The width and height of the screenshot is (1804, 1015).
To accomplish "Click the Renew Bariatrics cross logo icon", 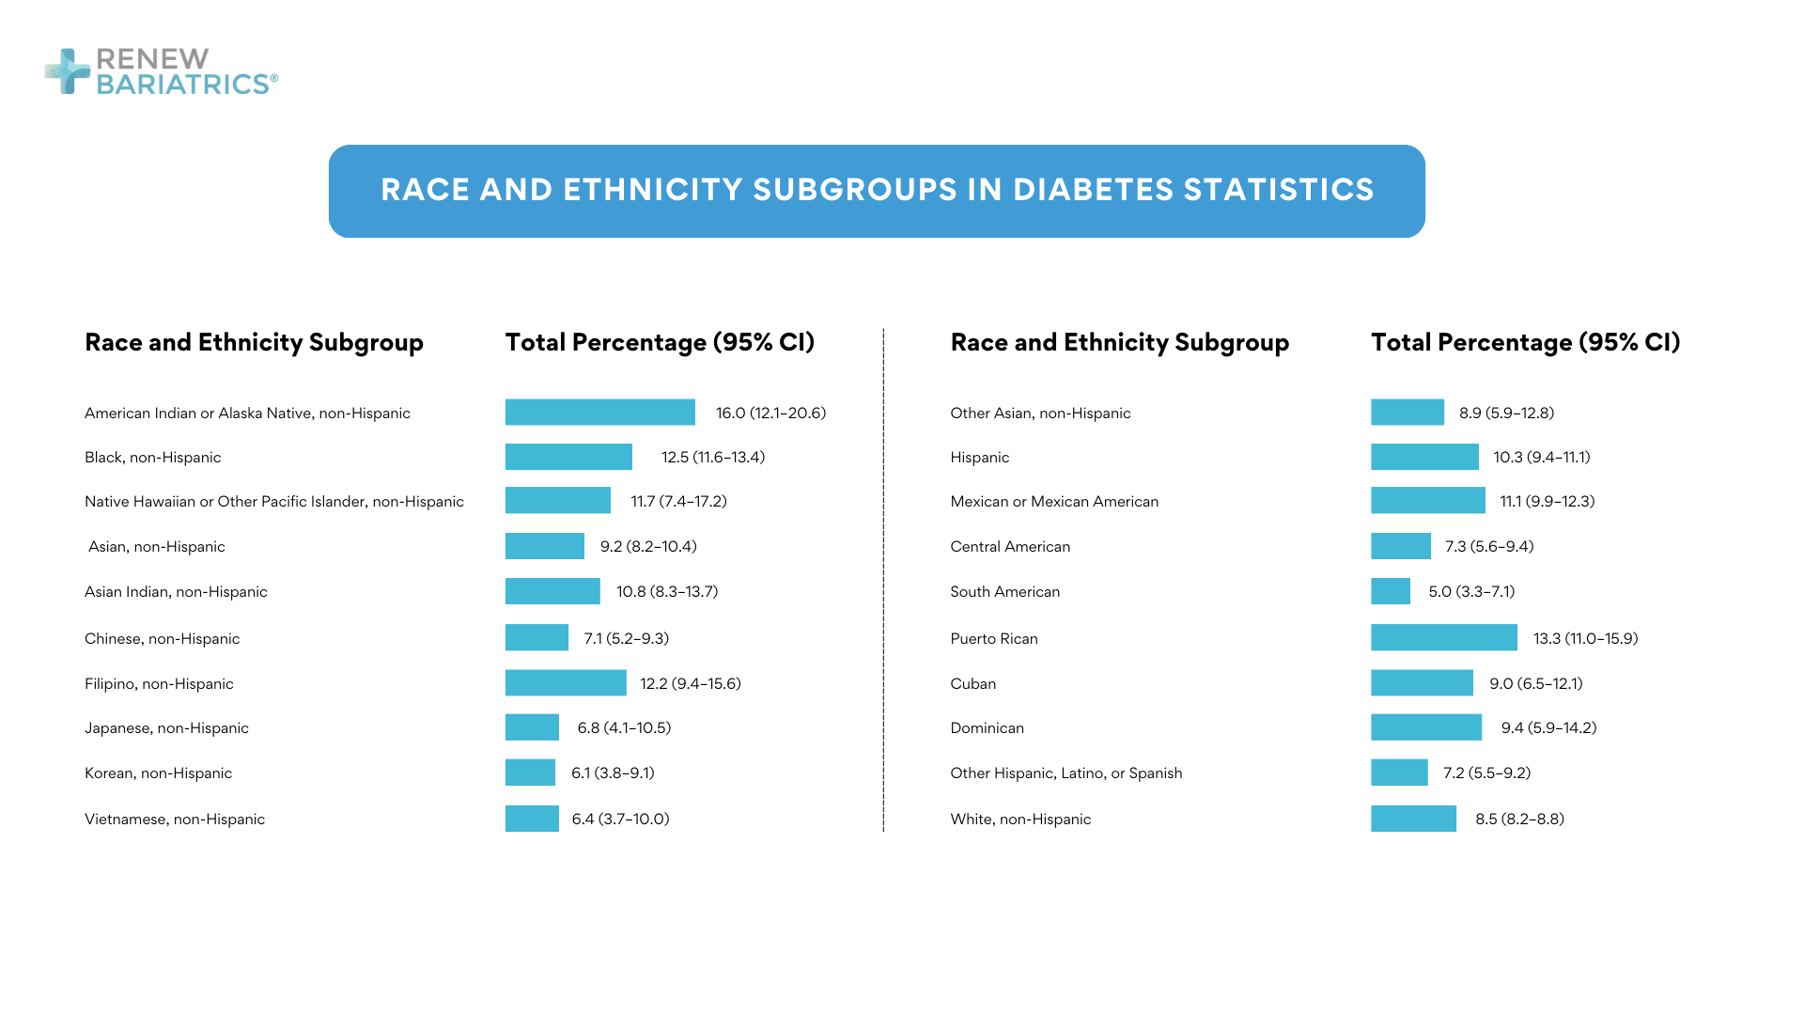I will click(x=68, y=71).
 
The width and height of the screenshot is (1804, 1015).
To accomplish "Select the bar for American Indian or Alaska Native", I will click(x=599, y=413).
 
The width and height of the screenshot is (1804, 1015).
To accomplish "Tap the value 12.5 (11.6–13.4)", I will click(x=712, y=458).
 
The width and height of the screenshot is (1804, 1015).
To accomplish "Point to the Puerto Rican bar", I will click(x=1443, y=638).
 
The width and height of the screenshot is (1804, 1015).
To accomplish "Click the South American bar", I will click(x=1390, y=592).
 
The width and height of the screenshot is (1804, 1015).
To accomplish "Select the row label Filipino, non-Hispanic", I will click(x=159, y=684).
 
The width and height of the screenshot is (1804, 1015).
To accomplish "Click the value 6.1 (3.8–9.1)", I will click(x=613, y=773).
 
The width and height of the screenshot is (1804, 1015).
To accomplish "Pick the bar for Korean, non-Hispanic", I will click(x=530, y=773).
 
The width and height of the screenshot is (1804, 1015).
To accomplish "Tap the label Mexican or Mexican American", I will click(x=1054, y=502).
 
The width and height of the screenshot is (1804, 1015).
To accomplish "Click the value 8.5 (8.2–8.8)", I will click(x=1519, y=820).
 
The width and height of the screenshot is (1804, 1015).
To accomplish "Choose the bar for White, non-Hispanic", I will click(x=1413, y=820).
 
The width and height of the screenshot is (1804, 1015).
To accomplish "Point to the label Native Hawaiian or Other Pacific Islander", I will click(x=273, y=502).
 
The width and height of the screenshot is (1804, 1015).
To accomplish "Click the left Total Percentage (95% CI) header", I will click(x=660, y=343).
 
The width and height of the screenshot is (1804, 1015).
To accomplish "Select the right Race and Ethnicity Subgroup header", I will click(x=1119, y=343).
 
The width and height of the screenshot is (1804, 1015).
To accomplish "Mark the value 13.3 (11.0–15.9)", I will click(x=1585, y=639).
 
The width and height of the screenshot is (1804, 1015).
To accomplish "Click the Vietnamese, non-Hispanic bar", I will click(x=532, y=820).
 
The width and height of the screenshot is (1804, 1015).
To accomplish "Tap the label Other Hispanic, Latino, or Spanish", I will click(x=1065, y=773).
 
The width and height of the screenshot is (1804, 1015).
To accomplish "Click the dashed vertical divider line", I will click(x=883, y=583).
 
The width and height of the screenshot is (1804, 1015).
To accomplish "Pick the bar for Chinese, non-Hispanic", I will click(x=537, y=638).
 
